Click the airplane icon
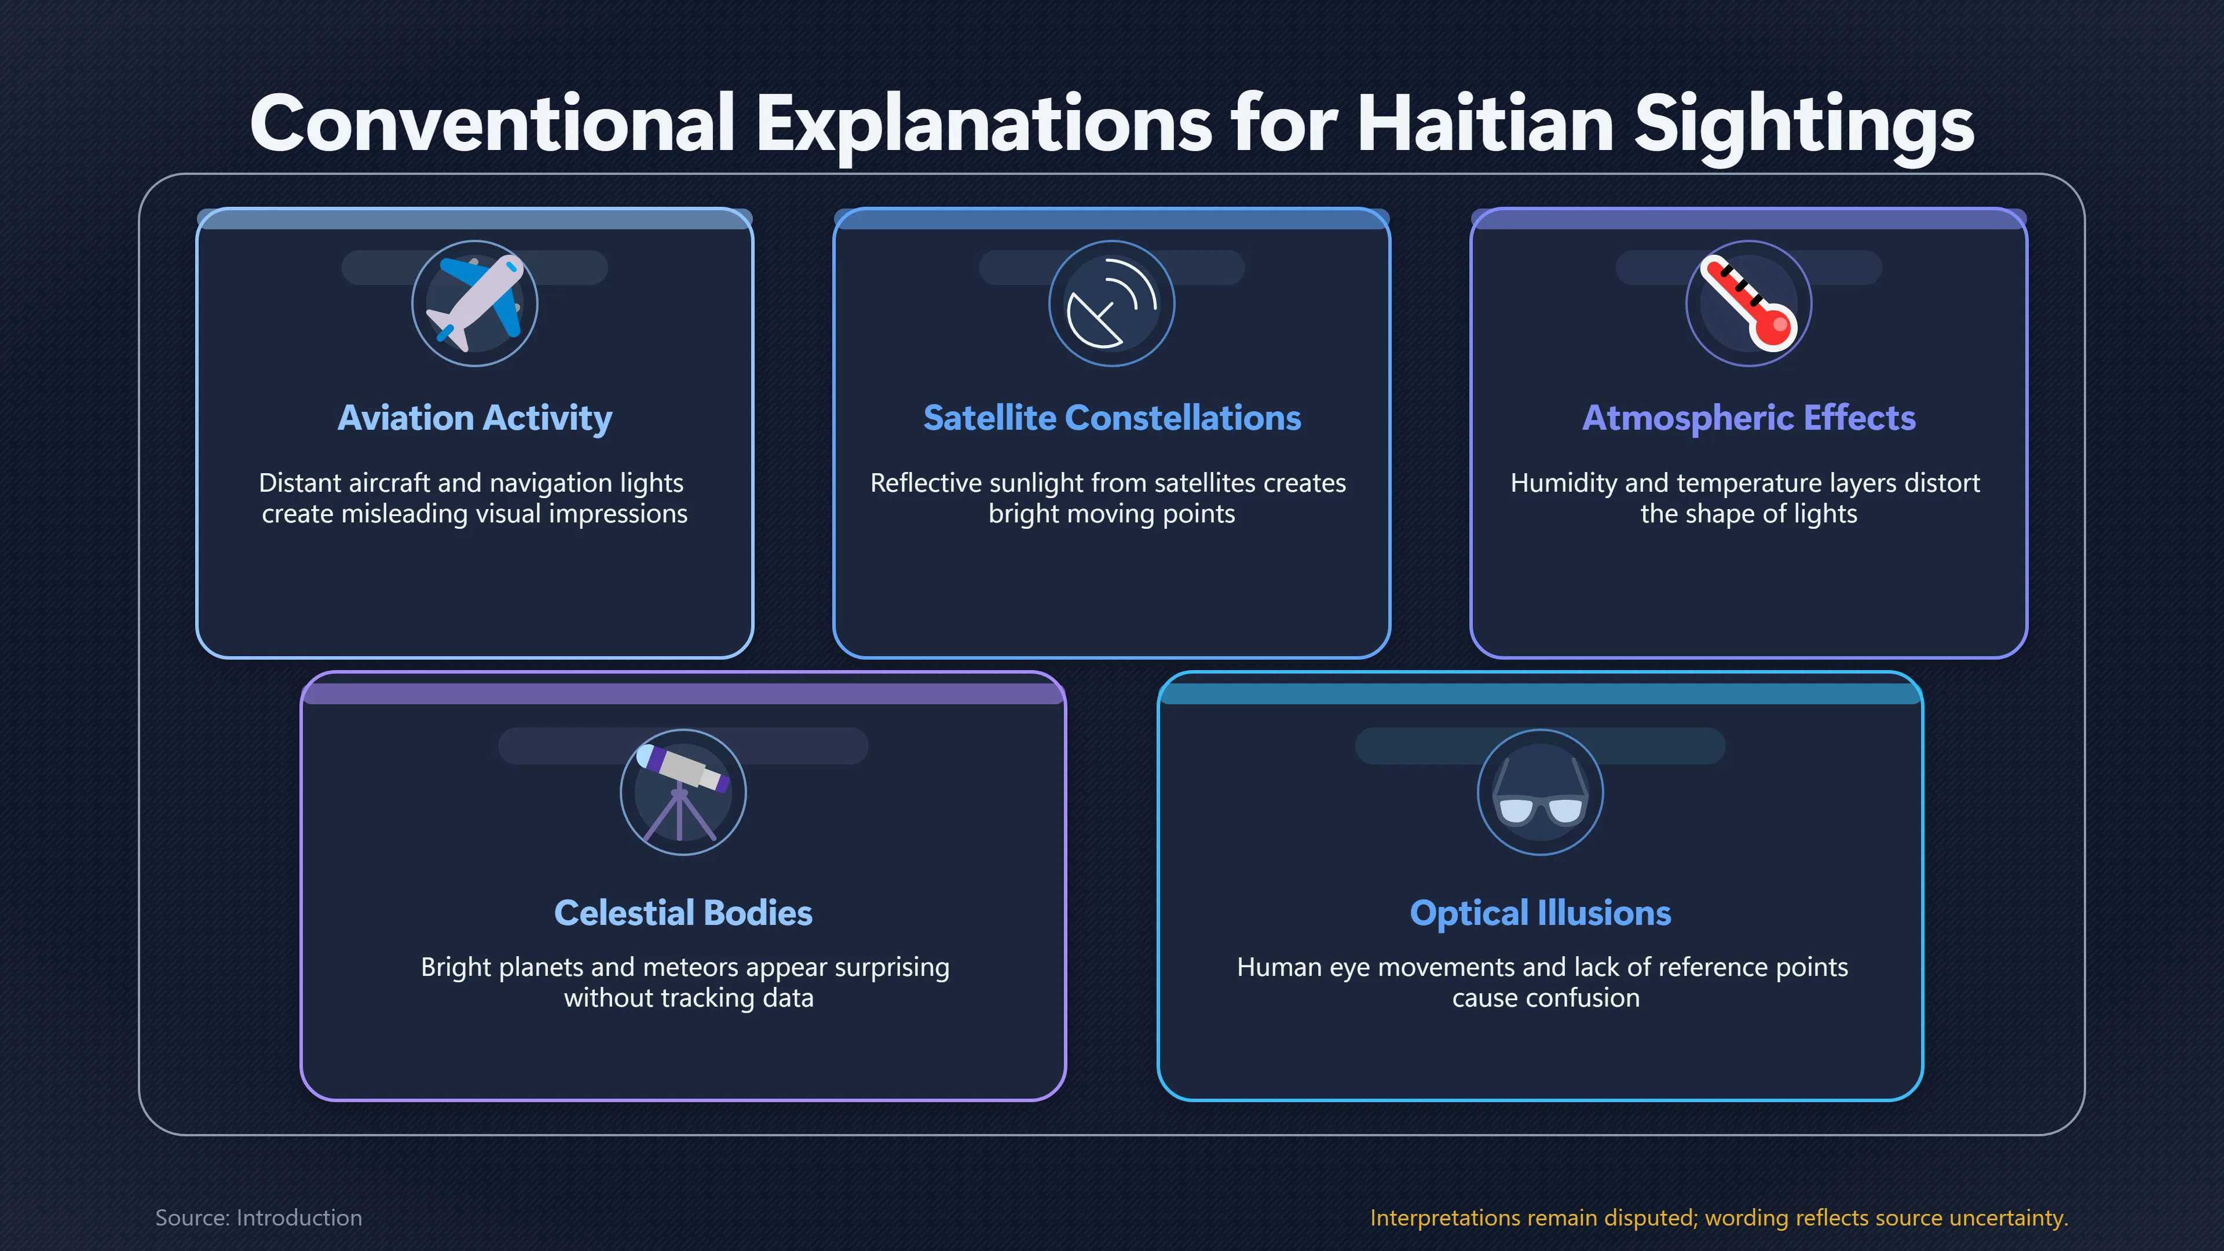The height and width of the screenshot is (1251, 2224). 475,303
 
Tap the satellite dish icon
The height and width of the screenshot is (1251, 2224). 1112,303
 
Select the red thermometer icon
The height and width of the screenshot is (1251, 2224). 1749,303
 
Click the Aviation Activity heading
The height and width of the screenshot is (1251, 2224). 475,418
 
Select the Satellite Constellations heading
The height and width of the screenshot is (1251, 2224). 1112,418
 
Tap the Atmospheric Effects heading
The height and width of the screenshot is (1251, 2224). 1749,418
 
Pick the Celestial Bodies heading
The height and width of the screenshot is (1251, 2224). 683,913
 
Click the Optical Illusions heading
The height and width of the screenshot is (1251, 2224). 1540,913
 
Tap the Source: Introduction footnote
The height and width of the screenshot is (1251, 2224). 258,1217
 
